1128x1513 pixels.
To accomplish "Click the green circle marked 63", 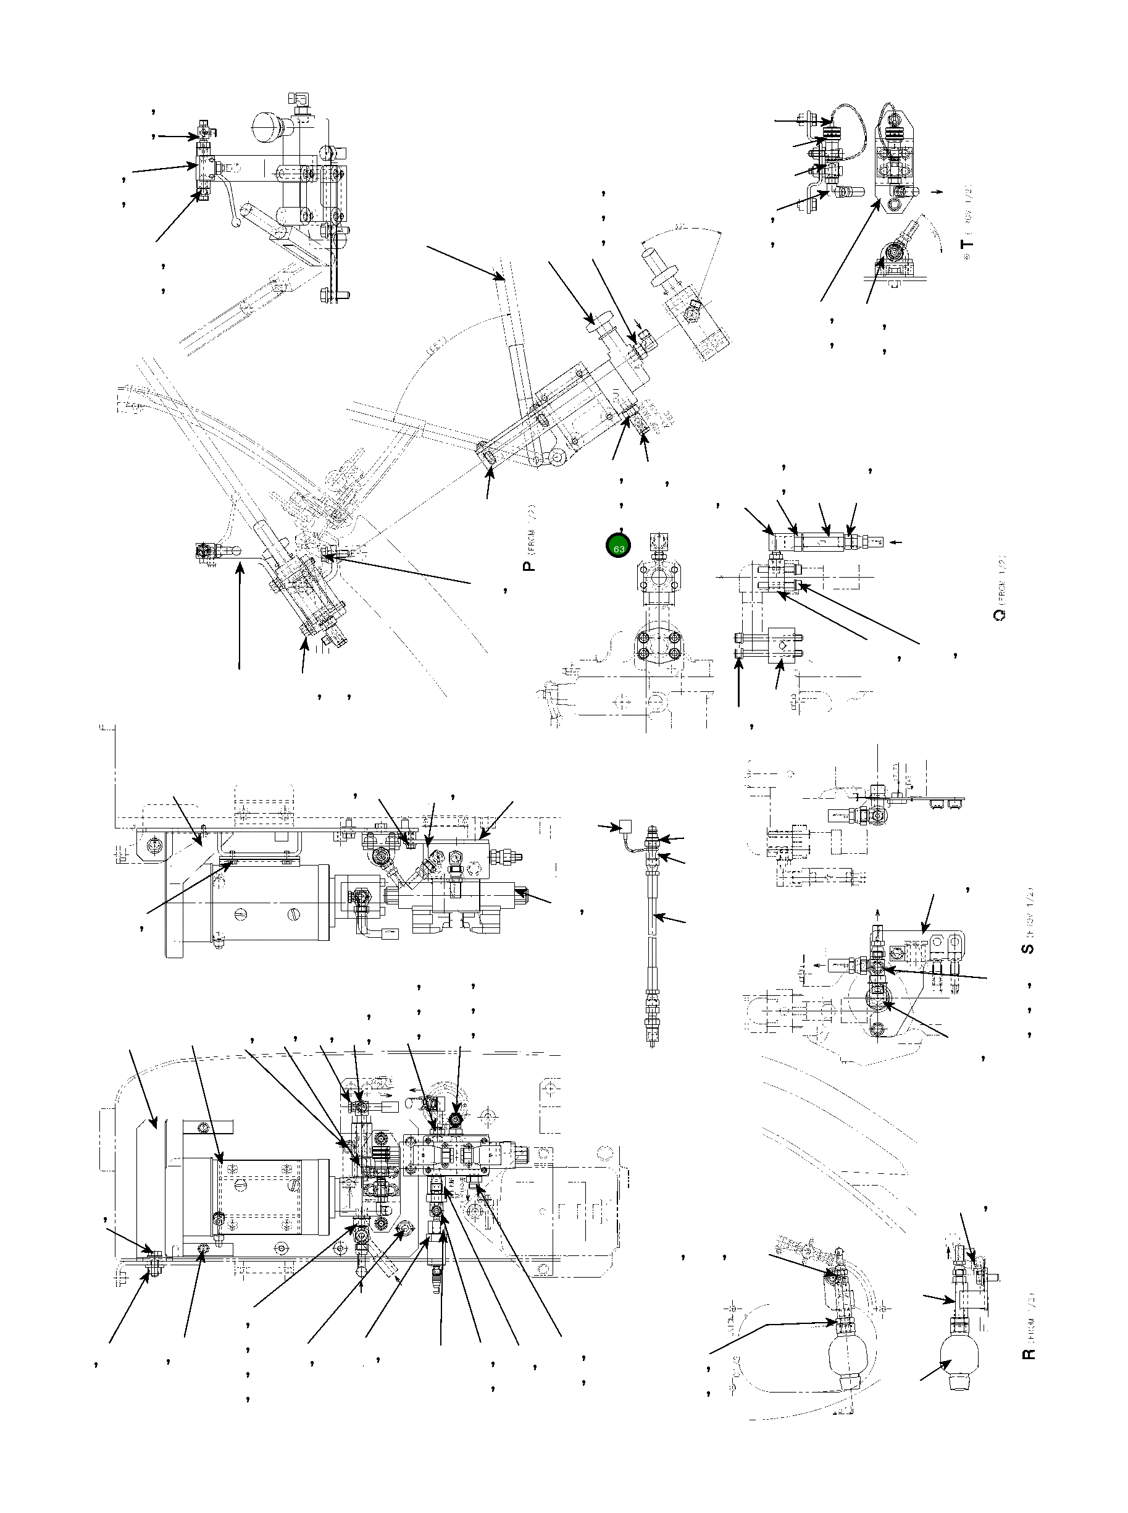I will point(619,547).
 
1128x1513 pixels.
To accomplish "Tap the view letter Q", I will point(998,615).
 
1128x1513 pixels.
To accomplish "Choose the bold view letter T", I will point(967,244).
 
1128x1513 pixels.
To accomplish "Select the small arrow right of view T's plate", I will point(937,192).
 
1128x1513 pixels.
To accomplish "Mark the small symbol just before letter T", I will point(967,263).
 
